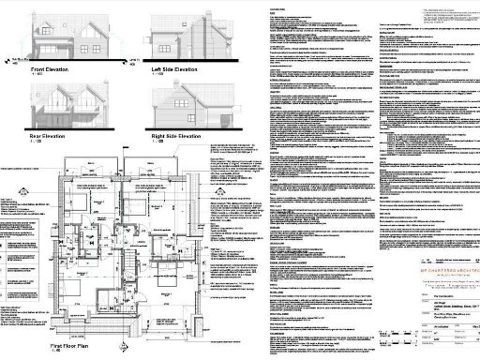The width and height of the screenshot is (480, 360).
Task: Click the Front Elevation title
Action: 57,69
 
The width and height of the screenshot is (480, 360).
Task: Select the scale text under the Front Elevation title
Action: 38,76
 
